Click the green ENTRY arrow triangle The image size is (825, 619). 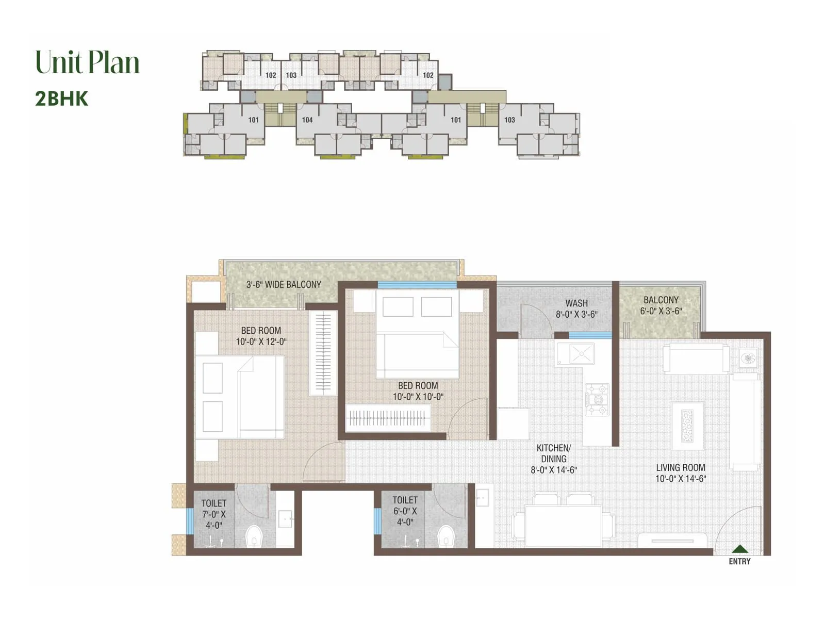point(740,549)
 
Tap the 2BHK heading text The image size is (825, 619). point(62,99)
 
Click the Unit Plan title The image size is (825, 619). point(88,62)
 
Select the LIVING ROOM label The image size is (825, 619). point(680,467)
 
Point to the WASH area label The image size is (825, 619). point(576,303)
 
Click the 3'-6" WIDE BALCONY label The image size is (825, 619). point(283,284)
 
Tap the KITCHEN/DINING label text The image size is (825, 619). point(553,453)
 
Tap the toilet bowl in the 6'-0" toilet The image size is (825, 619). point(444,536)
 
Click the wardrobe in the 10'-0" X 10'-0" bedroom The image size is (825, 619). point(388,418)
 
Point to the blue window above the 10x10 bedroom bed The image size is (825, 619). point(417,285)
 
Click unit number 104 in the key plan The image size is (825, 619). point(307,120)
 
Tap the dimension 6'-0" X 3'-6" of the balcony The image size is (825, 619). point(661,311)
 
